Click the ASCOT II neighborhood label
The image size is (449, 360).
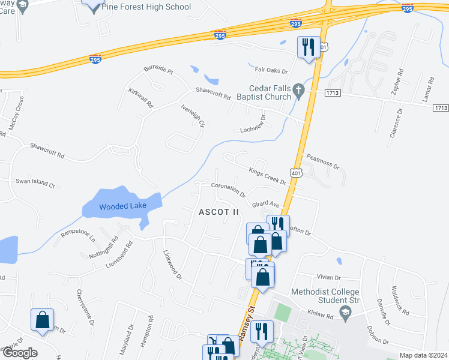coord(219,212)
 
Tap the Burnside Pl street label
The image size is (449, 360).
coord(158,70)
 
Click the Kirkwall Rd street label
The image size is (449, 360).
coord(141,97)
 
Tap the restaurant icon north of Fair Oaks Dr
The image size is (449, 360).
coord(308,47)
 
